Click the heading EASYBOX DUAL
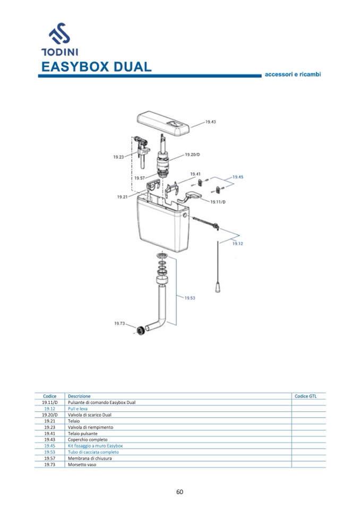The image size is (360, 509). click(96, 67)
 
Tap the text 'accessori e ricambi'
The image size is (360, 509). click(293, 75)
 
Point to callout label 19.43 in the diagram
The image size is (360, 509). click(210, 122)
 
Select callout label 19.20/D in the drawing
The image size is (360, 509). click(192, 154)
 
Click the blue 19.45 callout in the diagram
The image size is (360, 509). click(237, 177)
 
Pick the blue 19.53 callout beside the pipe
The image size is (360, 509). click(190, 298)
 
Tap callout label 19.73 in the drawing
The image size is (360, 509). click(119, 323)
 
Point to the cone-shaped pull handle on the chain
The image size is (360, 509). click(218, 287)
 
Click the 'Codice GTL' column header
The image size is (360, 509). click(305, 396)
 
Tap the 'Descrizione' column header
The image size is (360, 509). click(79, 396)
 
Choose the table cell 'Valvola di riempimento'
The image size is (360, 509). click(90, 427)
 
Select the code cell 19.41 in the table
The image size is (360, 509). click(50, 434)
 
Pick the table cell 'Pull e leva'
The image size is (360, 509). click(78, 409)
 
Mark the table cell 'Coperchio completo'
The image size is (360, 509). click(88, 439)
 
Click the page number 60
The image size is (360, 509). click(180, 491)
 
